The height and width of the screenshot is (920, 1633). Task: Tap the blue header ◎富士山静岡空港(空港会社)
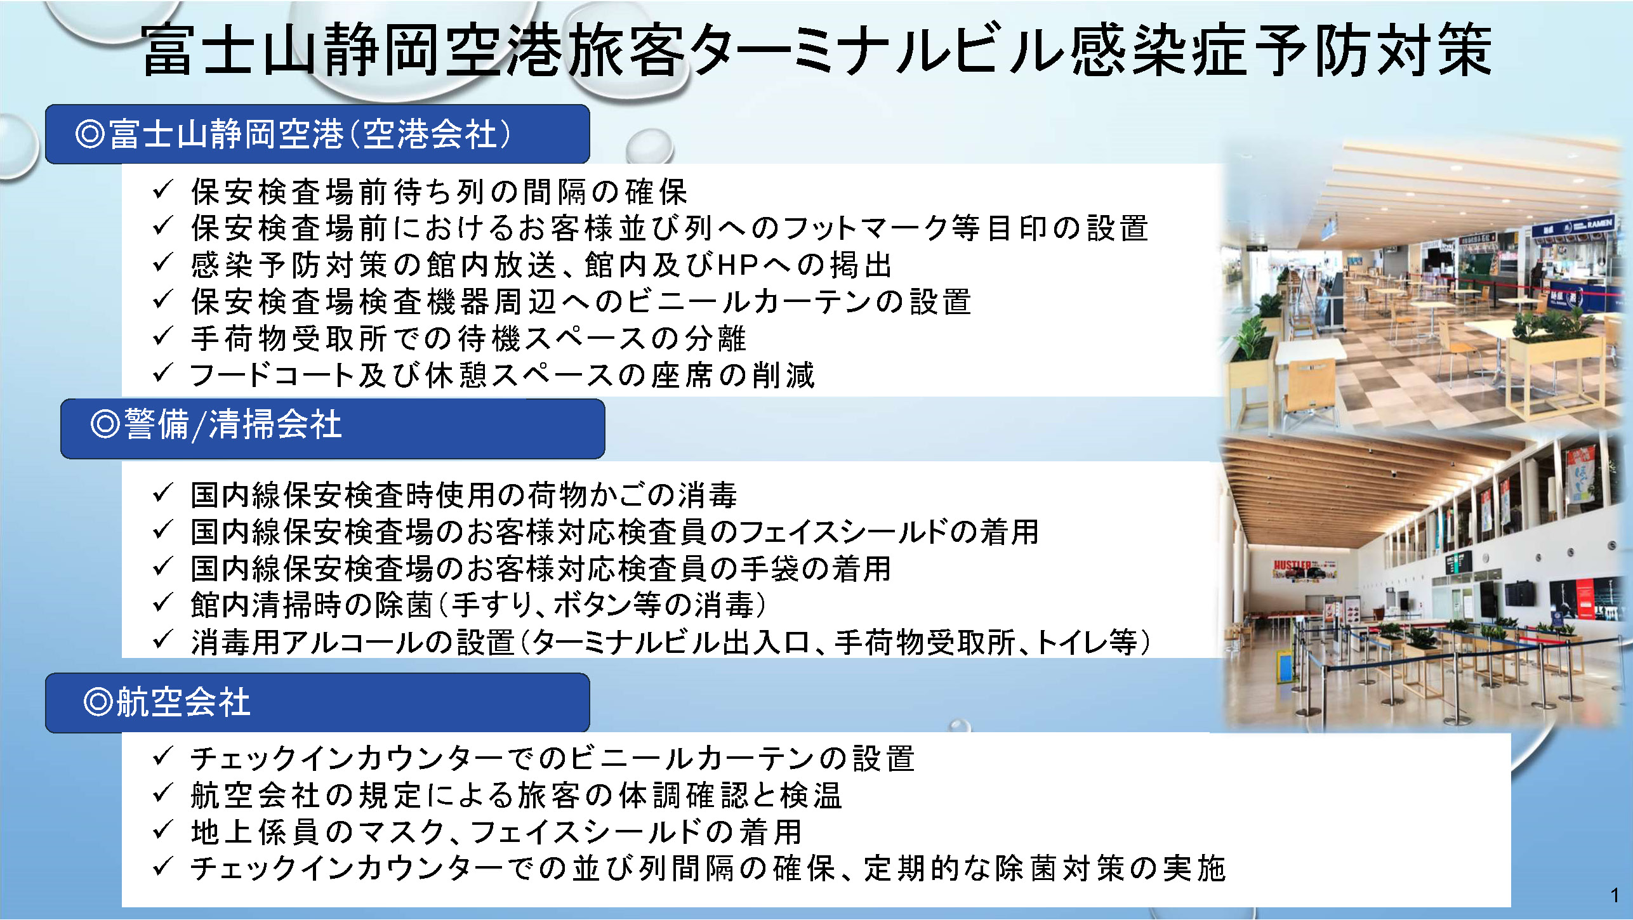tap(317, 134)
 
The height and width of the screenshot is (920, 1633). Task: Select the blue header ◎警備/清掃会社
tap(333, 428)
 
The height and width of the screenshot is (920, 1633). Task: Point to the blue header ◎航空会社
tap(317, 702)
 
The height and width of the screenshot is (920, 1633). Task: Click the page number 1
tap(1615, 895)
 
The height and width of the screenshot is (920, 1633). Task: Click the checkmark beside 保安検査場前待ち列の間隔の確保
tap(162, 190)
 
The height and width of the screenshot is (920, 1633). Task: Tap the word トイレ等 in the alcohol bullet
tap(1087, 642)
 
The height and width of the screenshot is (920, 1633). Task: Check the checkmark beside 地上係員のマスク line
tap(162, 830)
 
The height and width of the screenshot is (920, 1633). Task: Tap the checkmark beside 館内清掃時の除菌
tap(162, 603)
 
